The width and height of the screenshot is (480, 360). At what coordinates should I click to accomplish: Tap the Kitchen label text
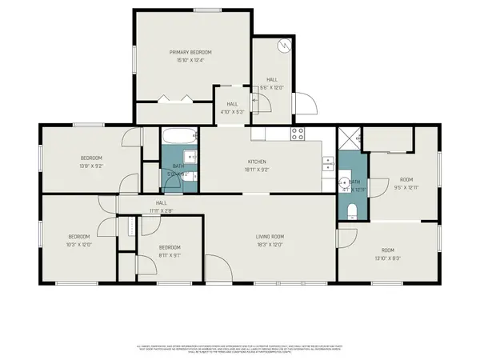coord(256,162)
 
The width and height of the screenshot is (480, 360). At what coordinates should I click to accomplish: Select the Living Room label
coord(270,236)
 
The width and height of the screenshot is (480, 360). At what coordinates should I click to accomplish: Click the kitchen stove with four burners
coord(298,133)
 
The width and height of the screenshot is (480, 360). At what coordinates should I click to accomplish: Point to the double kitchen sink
coord(328,163)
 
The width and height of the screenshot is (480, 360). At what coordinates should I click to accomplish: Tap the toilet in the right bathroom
coord(353,210)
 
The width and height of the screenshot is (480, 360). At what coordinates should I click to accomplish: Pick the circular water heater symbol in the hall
coord(282,45)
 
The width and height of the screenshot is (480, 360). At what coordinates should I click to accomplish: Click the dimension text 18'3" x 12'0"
coord(270,245)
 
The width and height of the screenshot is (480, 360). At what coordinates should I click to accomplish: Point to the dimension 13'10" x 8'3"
coord(387,258)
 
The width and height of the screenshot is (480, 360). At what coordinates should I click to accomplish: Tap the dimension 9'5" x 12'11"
coord(406,187)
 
